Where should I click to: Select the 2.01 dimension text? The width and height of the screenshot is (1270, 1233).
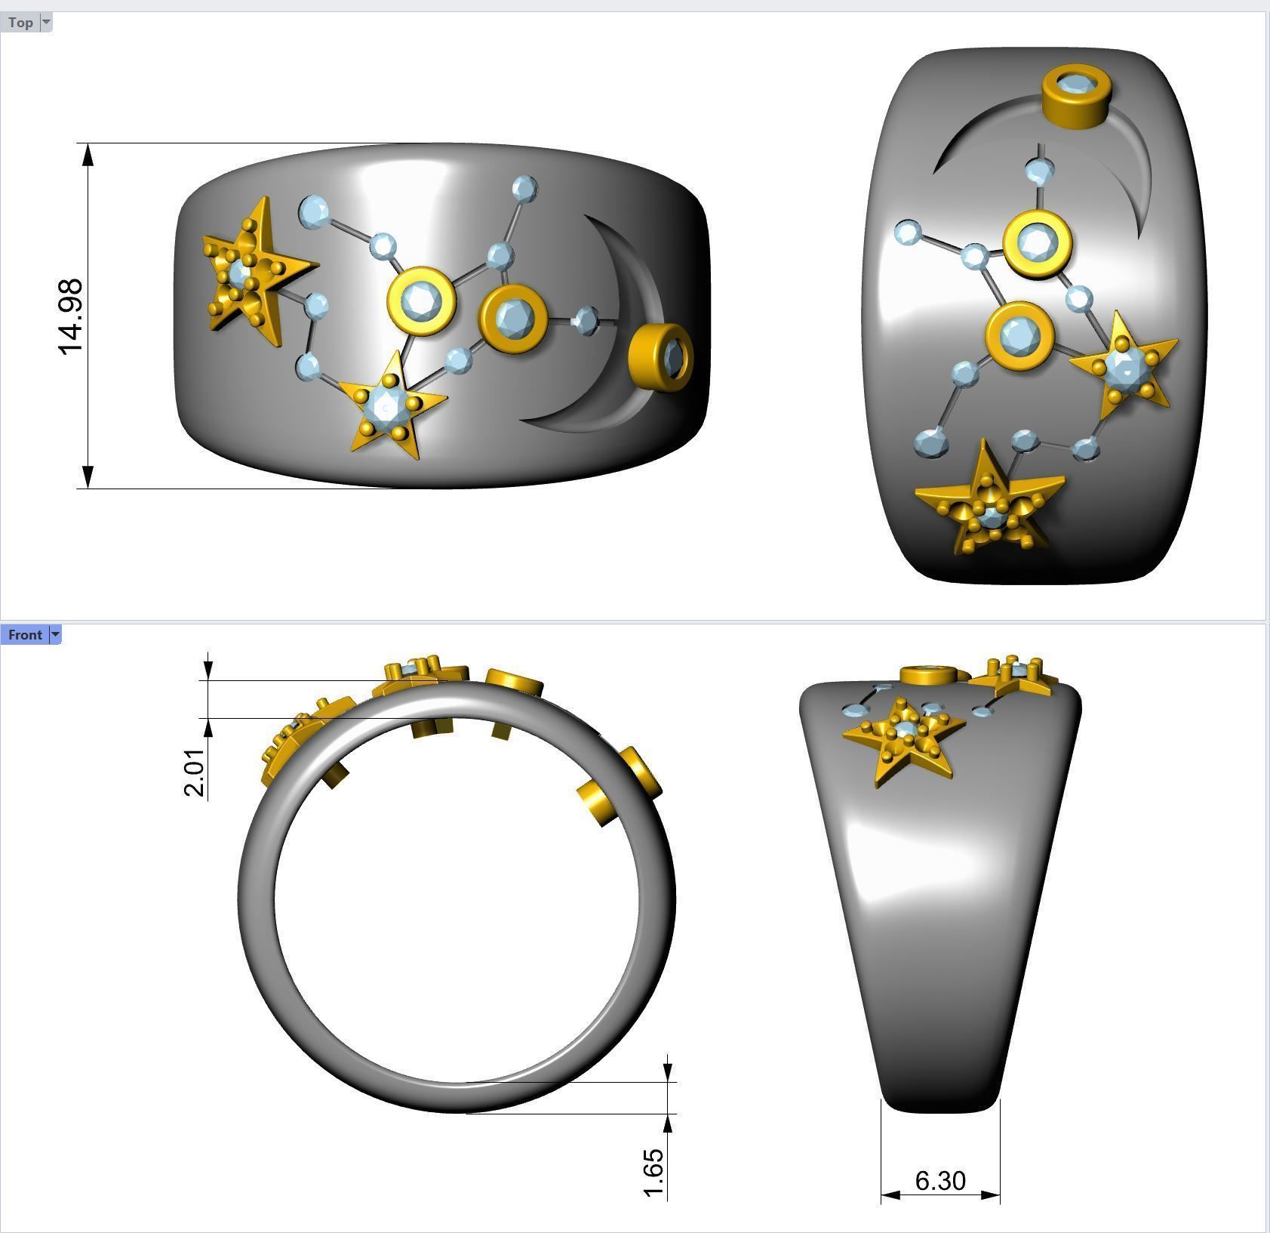pos(194,772)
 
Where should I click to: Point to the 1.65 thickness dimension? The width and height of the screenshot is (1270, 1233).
pos(654,1173)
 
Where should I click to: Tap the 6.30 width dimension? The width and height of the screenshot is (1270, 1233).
pos(939,1180)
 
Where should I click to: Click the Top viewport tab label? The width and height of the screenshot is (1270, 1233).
pos(20,23)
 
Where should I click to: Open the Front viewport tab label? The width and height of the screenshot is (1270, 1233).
pos(25,635)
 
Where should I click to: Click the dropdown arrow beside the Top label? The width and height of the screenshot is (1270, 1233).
pos(46,22)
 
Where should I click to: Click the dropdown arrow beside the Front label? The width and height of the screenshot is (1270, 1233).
pos(54,635)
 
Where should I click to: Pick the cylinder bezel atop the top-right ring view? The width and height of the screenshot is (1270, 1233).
pos(1076,96)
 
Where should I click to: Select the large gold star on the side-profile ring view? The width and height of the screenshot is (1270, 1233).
pos(903,739)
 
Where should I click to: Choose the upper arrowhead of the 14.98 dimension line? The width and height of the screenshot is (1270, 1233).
pos(88,154)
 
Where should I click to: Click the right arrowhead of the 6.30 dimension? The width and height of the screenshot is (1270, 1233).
pos(991,1194)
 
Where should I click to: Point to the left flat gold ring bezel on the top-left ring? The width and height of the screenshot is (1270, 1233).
pos(420,301)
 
